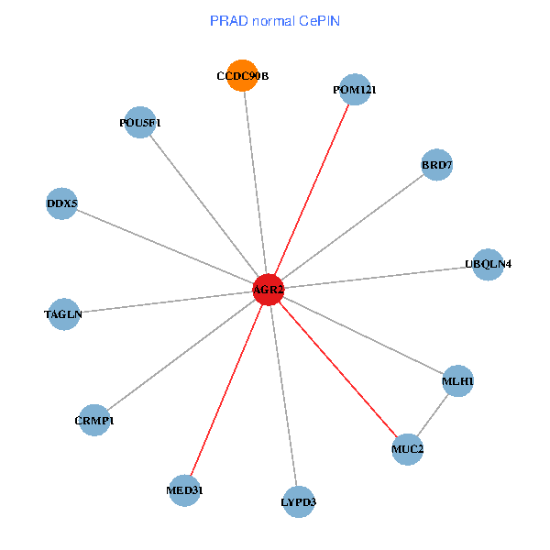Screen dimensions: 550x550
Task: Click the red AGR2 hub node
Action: pyautogui.click(x=269, y=290)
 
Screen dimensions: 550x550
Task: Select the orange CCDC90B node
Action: pyautogui.click(x=243, y=76)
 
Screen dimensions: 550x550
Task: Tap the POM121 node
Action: pyautogui.click(x=354, y=90)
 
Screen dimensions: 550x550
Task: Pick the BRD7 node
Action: pyautogui.click(x=437, y=165)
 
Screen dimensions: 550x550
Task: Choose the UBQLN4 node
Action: pyautogui.click(x=488, y=264)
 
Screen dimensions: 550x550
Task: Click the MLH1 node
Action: pyautogui.click(x=457, y=380)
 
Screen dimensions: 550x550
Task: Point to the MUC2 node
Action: pyautogui.click(x=407, y=449)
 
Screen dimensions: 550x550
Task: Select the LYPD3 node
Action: pyautogui.click(x=299, y=501)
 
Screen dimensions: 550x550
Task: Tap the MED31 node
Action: pyautogui.click(x=184, y=490)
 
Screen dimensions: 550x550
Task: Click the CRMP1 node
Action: pyautogui.click(x=94, y=420)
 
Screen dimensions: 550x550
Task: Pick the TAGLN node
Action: pyautogui.click(x=63, y=314)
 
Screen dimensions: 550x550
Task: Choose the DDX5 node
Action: pyautogui.click(x=61, y=203)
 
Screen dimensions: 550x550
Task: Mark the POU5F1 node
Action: pyautogui.click(x=140, y=123)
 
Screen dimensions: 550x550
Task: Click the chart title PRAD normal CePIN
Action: pyautogui.click(x=274, y=20)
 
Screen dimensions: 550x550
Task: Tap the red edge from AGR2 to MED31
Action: pyautogui.click(x=226, y=390)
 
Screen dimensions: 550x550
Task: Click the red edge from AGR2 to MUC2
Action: pyautogui.click(x=337, y=369)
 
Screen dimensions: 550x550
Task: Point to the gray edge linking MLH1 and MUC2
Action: pyautogui.click(x=433, y=414)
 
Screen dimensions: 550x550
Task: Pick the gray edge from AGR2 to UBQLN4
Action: pyautogui.click(x=378, y=277)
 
